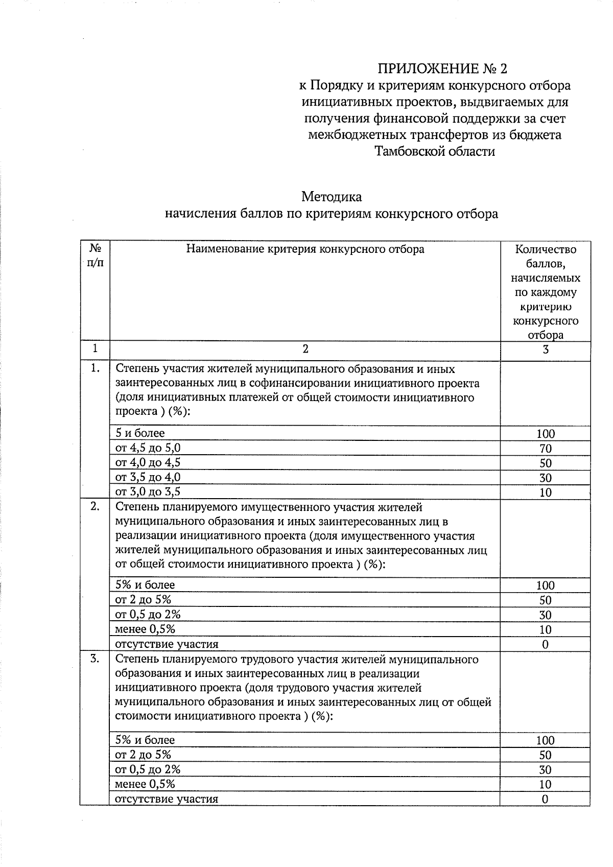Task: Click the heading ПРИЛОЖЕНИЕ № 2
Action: pyautogui.click(x=443, y=68)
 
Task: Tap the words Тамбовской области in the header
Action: pyautogui.click(x=435, y=152)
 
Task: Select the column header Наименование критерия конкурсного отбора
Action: pyautogui.click(x=305, y=249)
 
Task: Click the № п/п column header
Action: pyautogui.click(x=95, y=256)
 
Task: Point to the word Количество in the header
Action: pyautogui.click(x=546, y=249)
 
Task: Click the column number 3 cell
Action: pyautogui.click(x=546, y=350)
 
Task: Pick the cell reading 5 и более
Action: pyautogui.click(x=140, y=433)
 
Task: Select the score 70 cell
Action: pyautogui.click(x=545, y=449)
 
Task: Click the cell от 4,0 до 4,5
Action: pyautogui.click(x=148, y=463)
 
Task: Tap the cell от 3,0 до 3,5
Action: pyautogui.click(x=148, y=492)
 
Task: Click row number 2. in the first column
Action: pyautogui.click(x=95, y=507)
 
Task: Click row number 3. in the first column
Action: pyautogui.click(x=95, y=659)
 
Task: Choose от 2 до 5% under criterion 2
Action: pyautogui.click(x=143, y=600)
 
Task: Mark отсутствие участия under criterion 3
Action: pyautogui.click(x=167, y=799)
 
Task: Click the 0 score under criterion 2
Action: pyautogui.click(x=545, y=645)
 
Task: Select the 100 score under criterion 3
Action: pyautogui.click(x=545, y=740)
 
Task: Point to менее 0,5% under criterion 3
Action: pyautogui.click(x=145, y=784)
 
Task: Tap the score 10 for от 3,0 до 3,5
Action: pyautogui.click(x=545, y=493)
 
